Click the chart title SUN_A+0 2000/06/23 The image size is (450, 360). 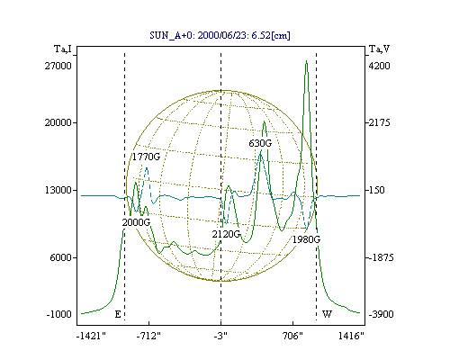click(x=220, y=35)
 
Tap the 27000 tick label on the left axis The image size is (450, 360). click(x=58, y=66)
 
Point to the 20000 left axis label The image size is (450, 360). click(x=58, y=122)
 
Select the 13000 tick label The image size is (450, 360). click(x=58, y=190)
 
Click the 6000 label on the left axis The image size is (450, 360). click(x=61, y=257)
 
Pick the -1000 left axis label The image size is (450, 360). click(x=59, y=314)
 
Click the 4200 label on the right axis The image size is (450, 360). click(x=379, y=66)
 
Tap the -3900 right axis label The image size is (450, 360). click(x=381, y=314)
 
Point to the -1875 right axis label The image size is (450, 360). click(x=381, y=257)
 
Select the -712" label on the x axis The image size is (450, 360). click(x=148, y=336)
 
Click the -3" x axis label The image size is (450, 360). click(x=220, y=336)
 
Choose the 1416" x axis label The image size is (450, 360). click(x=351, y=336)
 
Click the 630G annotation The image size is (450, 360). click(x=260, y=143)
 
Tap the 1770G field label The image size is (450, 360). click(x=146, y=157)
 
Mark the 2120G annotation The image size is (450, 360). click(x=226, y=234)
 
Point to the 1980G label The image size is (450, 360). click(x=306, y=239)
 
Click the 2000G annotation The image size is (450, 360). click(x=136, y=222)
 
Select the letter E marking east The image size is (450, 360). click(x=118, y=314)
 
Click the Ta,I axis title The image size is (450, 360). click(x=63, y=49)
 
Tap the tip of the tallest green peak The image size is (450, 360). click(x=306, y=61)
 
